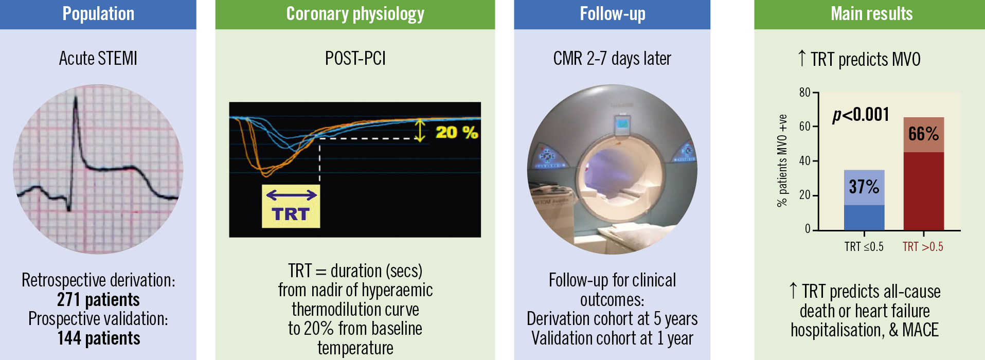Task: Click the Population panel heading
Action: pyautogui.click(x=98, y=14)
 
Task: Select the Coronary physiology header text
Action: pyautogui.click(x=355, y=14)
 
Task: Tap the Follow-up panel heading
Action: pyautogui.click(x=613, y=14)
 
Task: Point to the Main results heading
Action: pyautogui.click(x=872, y=14)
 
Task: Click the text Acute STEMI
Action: pyautogui.click(x=98, y=58)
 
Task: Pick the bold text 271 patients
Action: pyautogui.click(x=98, y=299)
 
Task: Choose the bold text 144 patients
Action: pyautogui.click(x=98, y=338)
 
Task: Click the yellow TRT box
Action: pyautogui.click(x=291, y=206)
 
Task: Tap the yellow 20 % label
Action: pyautogui.click(x=457, y=132)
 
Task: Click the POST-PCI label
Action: pyautogui.click(x=355, y=58)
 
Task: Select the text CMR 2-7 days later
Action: pyautogui.click(x=612, y=58)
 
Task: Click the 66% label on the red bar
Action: pyautogui.click(x=923, y=134)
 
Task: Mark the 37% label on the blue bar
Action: pyautogui.click(x=864, y=186)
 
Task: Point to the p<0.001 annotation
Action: pyautogui.click(x=861, y=114)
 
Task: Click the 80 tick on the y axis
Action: pyautogui.click(x=804, y=93)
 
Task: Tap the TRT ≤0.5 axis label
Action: pyautogui.click(x=864, y=247)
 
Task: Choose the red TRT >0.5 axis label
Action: pyautogui.click(x=923, y=247)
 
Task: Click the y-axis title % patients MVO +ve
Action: pyautogui.click(x=782, y=160)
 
